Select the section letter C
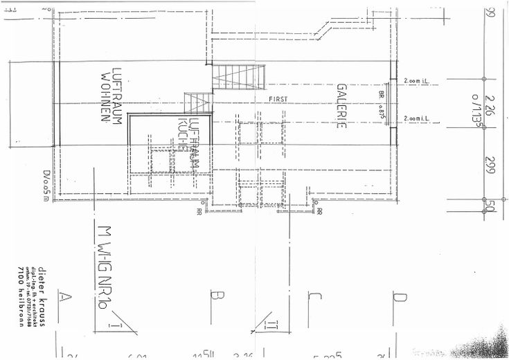click(x=314, y=298)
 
